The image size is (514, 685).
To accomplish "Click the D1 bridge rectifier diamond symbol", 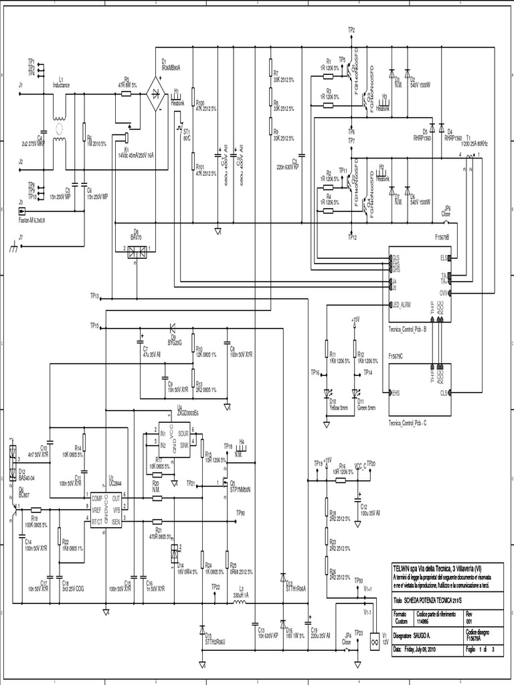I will coord(159,96).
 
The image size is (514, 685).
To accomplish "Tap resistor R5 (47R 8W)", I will coord(127,95).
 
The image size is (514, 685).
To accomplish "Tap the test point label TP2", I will coord(352,31).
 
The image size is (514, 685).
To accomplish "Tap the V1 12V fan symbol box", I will coord(366,642).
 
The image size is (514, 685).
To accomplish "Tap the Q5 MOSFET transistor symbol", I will coord(226,484).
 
